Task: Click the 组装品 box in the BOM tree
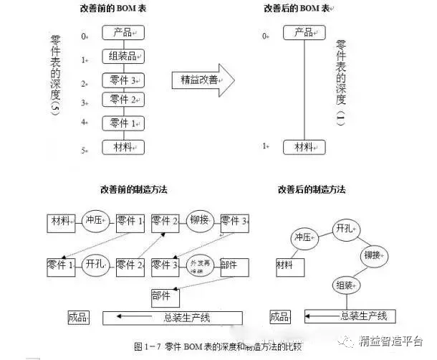[123, 57]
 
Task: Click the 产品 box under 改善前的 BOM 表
[123, 32]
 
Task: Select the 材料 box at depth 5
[123, 147]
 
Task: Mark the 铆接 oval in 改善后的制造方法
[375, 255]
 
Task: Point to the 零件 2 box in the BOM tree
[123, 100]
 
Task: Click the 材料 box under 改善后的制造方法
[289, 266]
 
